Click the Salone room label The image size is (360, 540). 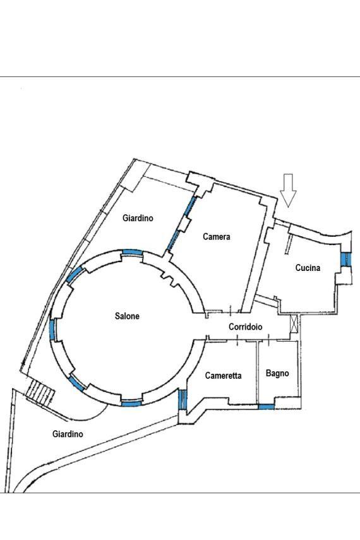coord(127,316)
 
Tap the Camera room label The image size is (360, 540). coord(217,237)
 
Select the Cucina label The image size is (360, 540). coord(308,268)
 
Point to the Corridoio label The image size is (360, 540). coord(245,327)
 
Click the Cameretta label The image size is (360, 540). coord(223,375)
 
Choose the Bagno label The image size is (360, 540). coord(277,373)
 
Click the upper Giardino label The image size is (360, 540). coord(138,218)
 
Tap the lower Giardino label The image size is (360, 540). coord(68,434)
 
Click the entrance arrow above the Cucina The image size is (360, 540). coord(288,191)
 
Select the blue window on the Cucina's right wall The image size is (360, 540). coord(344,260)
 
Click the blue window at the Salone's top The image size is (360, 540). coord(132,253)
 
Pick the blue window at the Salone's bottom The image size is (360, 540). coord(131,404)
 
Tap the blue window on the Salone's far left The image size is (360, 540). coord(52,330)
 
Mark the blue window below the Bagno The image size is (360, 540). coord(267,407)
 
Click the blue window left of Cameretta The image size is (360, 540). coord(183,399)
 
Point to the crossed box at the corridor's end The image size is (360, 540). coord(294,324)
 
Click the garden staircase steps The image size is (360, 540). coord(40,393)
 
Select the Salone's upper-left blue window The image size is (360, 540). coord(74,275)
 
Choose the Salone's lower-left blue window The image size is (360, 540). coord(77,383)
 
